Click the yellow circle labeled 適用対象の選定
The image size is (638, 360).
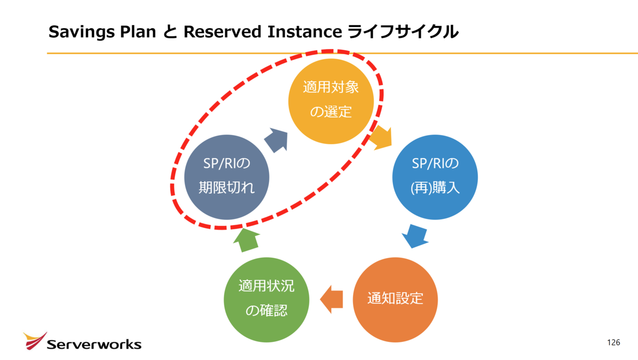pyautogui.click(x=331, y=102)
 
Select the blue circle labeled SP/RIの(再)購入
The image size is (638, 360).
pyautogui.click(x=435, y=177)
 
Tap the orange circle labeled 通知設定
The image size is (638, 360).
pyautogui.click(x=396, y=299)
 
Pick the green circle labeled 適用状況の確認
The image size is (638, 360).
pyautogui.click(x=266, y=299)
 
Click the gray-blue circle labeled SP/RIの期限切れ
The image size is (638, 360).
pyautogui.click(x=226, y=177)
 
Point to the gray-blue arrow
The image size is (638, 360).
pyautogui.click(x=276, y=140)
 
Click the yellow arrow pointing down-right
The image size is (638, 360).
pyautogui.click(x=381, y=138)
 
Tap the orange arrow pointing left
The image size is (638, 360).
pyautogui.click(x=332, y=299)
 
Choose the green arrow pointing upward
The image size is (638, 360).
pyautogui.click(x=247, y=240)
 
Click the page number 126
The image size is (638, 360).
pyautogui.click(x=614, y=342)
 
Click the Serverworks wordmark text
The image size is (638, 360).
pyautogui.click(x=94, y=345)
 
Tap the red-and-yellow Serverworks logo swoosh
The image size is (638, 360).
pyautogui.click(x=35, y=341)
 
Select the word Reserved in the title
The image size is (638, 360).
pyautogui.click(x=222, y=31)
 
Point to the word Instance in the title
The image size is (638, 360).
pyautogui.click(x=305, y=31)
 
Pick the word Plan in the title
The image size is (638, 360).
pyautogui.click(x=138, y=31)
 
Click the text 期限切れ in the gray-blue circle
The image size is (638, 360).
pyautogui.click(x=226, y=188)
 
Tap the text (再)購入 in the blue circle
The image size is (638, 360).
pyautogui.click(x=435, y=188)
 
